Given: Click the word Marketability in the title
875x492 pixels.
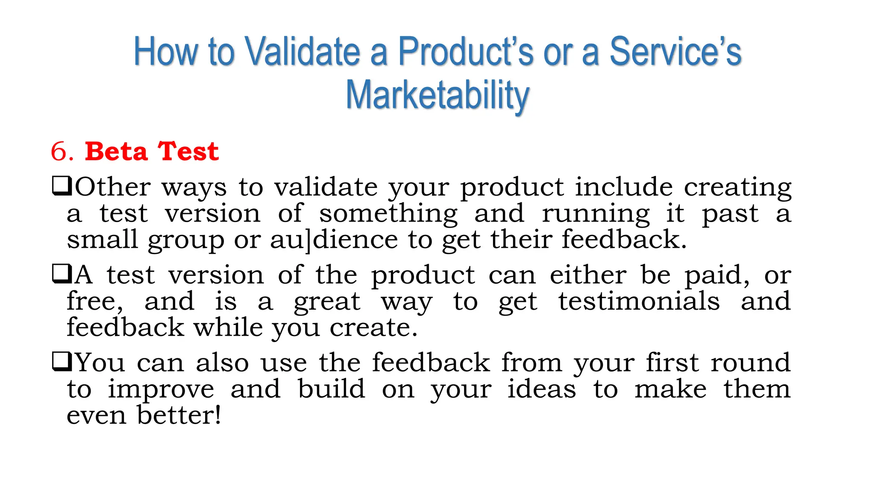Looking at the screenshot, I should [x=437, y=95].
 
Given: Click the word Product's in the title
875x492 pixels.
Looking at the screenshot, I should [x=465, y=52].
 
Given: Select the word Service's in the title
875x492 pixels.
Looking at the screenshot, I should [x=675, y=52].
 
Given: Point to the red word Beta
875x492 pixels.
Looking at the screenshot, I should [x=116, y=152].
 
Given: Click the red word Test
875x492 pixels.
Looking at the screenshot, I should [x=188, y=152].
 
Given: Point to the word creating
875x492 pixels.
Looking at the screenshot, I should [x=737, y=188].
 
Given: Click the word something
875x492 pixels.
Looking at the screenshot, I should [x=388, y=214].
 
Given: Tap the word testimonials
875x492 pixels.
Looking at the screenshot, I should [x=639, y=302].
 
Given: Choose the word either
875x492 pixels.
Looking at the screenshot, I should [x=588, y=275].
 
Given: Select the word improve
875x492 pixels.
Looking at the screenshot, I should [x=161, y=390].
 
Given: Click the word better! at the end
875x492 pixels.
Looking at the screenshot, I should [x=179, y=416].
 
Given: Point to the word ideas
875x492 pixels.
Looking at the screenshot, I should [x=541, y=389].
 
